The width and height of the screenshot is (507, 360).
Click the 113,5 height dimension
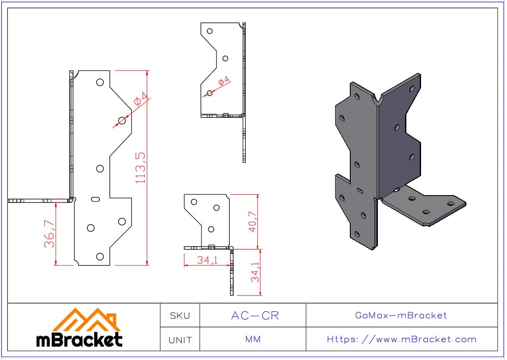coord(141,168)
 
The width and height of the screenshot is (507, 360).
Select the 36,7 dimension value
coord(50,234)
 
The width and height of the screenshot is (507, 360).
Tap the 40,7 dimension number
coord(253,222)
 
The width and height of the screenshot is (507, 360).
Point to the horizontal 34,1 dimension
coord(208,260)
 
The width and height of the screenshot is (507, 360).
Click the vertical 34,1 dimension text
coord(255,272)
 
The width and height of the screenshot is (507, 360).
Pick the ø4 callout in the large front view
coord(141,98)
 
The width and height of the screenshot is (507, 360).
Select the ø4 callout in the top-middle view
coord(223,80)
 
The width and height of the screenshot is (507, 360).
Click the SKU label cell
coord(180,316)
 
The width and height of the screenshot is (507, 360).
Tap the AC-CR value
coord(255,316)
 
